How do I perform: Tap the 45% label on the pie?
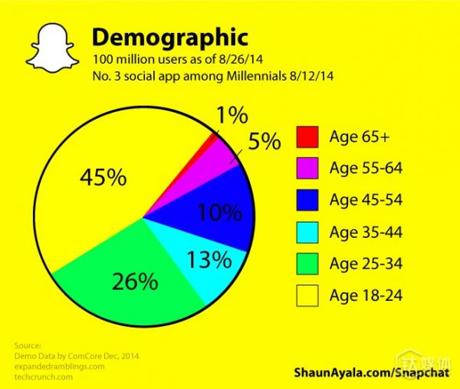point(103,177)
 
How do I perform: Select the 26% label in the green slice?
point(135,280)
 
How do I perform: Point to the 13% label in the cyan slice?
point(209,259)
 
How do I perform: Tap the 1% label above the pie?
point(231,116)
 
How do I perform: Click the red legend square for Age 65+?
point(307,137)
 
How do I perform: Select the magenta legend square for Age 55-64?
point(307,169)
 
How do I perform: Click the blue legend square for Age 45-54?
point(307,200)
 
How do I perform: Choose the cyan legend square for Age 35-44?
point(307,232)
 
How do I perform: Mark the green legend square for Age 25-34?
point(307,263)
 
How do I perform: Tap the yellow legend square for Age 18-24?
point(307,295)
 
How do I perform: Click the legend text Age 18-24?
point(366,295)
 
